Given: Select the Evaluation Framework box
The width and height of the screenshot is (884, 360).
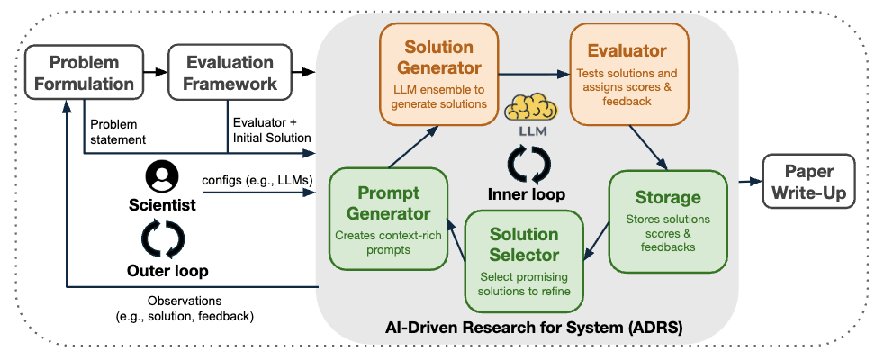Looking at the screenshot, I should pos(230,73).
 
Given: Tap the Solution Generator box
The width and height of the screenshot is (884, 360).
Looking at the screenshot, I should pos(439,74).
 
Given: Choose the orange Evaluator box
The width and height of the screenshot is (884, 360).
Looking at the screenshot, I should pos(628,74).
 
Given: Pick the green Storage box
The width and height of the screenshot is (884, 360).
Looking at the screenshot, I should pos(667,220).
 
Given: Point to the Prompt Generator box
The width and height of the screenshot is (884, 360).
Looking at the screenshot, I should pos(389,220).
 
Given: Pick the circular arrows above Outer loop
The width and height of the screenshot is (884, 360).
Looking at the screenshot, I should pos(163,238).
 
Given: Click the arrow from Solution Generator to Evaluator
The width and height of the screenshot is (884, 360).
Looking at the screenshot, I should pos(532,73).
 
